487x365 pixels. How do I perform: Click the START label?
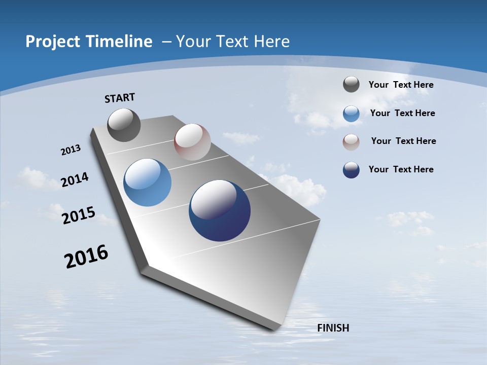coord(120,98)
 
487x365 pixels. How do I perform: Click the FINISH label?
coord(333,328)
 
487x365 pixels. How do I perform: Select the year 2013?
coord(71,150)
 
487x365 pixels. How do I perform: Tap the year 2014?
coord(75,179)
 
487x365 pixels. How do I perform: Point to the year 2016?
coord(86,256)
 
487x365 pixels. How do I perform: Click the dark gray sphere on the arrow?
coord(124,125)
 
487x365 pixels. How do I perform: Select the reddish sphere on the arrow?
coord(192,142)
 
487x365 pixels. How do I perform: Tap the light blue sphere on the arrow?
coord(147,182)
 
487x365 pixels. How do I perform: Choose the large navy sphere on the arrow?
coord(220,210)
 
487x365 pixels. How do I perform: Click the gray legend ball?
coord(351,84)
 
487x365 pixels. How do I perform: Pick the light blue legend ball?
coord(351,114)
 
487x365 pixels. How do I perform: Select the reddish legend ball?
coord(351,142)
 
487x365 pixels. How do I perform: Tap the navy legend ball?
coord(351,170)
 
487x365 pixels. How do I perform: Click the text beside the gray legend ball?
coord(401,85)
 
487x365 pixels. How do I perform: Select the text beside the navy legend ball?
coord(401,169)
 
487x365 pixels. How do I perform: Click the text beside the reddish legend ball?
coord(403,141)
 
